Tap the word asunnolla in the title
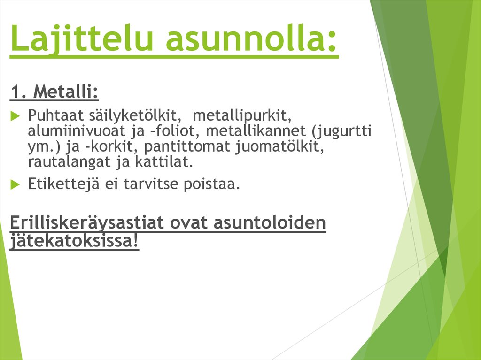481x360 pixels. [x=251, y=39]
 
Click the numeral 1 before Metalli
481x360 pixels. [x=16, y=92]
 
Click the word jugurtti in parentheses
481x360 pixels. [x=348, y=131]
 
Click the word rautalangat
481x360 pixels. [x=72, y=163]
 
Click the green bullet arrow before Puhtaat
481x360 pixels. [x=14, y=115]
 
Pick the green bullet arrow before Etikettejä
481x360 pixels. [x=14, y=184]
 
